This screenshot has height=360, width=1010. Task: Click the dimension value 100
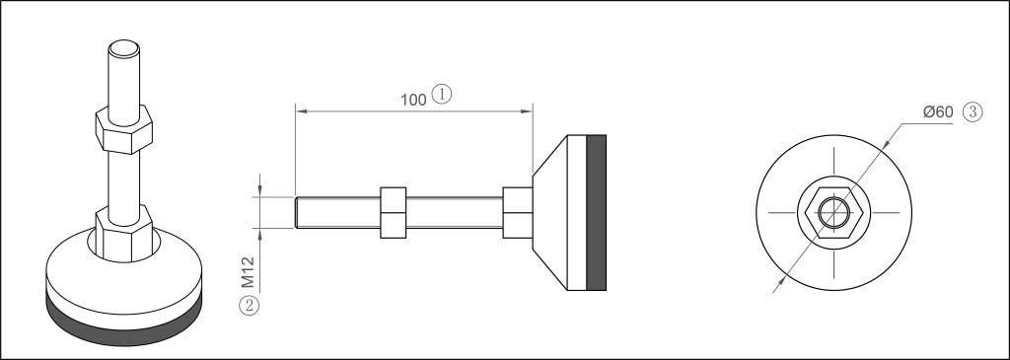pos(413,100)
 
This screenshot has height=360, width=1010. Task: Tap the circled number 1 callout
pos(441,94)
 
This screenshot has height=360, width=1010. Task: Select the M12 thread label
pos(249,272)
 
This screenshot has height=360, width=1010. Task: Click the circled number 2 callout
pos(249,305)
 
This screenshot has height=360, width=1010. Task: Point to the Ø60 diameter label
pos(938,112)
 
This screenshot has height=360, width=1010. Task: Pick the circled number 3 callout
pos(973,112)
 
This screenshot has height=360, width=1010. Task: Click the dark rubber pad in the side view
pos(597,212)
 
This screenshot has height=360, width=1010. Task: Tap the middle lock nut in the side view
pos(393,212)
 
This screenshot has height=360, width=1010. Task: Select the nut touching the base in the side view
pos(517,212)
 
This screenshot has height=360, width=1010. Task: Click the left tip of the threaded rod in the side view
pos(296,212)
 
